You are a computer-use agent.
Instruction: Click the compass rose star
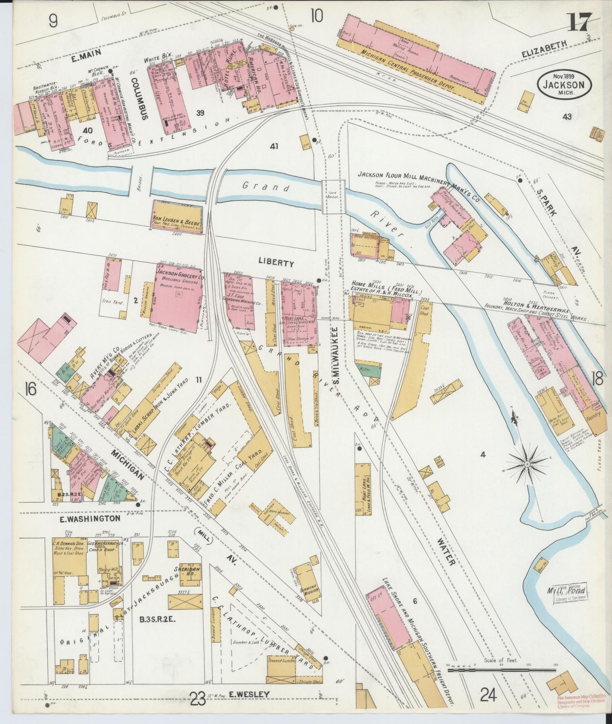click(527, 464)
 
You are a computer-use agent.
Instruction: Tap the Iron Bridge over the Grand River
click(332, 196)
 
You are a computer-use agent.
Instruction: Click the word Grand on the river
click(266, 187)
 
